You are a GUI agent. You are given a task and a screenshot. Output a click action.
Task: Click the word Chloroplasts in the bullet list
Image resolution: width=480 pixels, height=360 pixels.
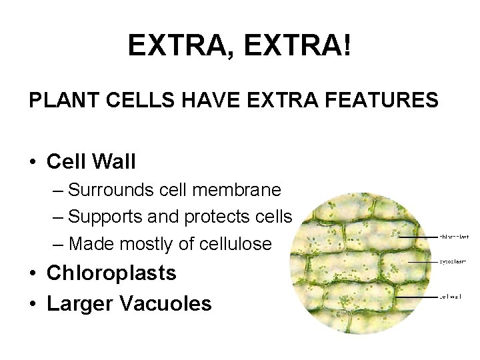(x=112, y=273)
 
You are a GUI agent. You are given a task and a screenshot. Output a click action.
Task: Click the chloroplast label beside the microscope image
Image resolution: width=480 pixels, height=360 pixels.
(x=453, y=236)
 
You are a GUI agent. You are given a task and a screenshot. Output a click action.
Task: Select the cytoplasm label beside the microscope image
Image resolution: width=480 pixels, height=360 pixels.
(x=453, y=262)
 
